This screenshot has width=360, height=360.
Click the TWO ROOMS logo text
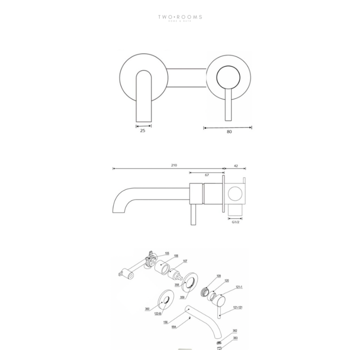[180, 18]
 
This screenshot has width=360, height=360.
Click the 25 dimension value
[142, 130]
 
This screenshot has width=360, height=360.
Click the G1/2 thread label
[235, 222]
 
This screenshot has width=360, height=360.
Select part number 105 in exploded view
[167, 253]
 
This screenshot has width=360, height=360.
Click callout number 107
[185, 261]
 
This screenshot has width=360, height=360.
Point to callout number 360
[147, 309]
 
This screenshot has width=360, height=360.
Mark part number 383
[235, 337]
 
